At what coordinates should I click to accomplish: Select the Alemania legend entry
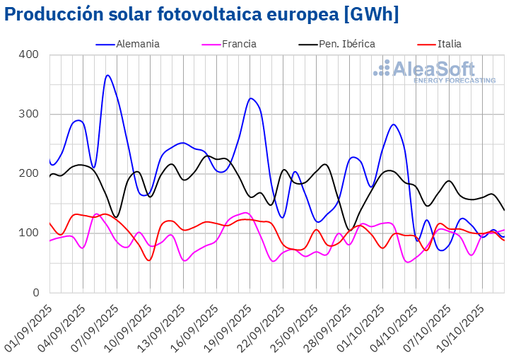138,44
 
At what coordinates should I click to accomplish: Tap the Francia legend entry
239,44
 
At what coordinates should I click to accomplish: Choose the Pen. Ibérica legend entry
346,44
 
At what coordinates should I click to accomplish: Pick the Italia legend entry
449,44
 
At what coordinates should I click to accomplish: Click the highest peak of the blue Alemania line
107,75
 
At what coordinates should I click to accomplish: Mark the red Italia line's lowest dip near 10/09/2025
149,260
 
